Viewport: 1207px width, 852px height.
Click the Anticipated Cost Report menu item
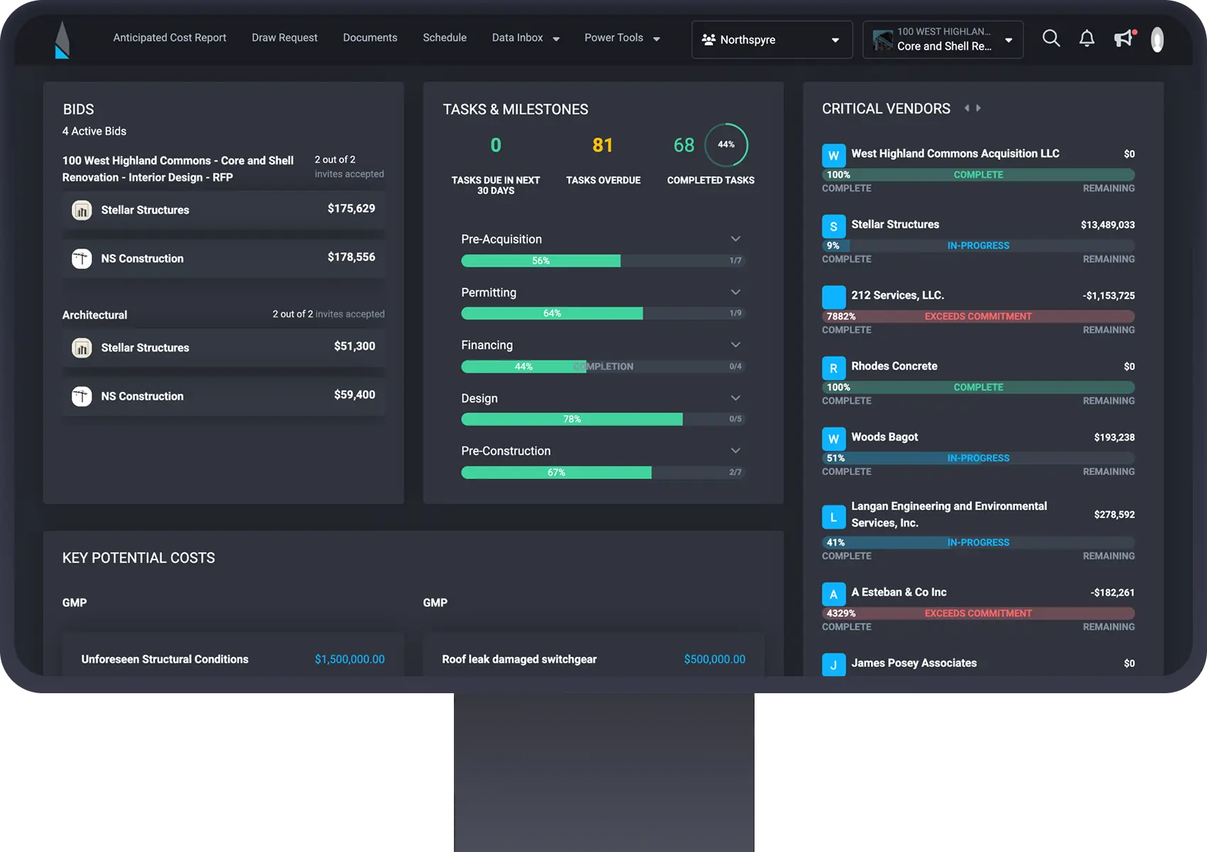(x=169, y=38)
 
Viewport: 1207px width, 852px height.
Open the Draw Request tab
(x=284, y=38)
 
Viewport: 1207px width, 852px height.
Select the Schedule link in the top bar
(x=445, y=38)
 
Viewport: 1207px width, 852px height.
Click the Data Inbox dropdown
(x=525, y=38)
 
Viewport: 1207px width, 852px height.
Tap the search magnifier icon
(x=1051, y=38)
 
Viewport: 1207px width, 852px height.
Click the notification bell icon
(x=1086, y=38)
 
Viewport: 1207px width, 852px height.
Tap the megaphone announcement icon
(x=1123, y=38)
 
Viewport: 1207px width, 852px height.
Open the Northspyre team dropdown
(x=772, y=40)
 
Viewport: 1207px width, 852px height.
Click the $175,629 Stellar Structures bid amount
(x=351, y=208)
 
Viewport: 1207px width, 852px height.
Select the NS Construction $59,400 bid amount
(x=355, y=395)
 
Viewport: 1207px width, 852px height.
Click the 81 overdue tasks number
(x=602, y=145)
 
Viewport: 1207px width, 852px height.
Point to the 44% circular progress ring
(x=725, y=145)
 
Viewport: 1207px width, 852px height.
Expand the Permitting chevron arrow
(x=735, y=292)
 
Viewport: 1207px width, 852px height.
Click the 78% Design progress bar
(x=572, y=419)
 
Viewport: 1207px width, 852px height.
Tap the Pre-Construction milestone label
(x=506, y=451)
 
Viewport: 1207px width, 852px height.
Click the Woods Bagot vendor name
(x=884, y=437)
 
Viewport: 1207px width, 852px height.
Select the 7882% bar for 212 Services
(x=978, y=316)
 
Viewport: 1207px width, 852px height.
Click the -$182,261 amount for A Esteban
(x=1112, y=593)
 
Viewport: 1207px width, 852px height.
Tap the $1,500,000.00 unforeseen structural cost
(x=350, y=659)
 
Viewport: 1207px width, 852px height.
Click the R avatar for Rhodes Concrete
(x=833, y=368)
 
